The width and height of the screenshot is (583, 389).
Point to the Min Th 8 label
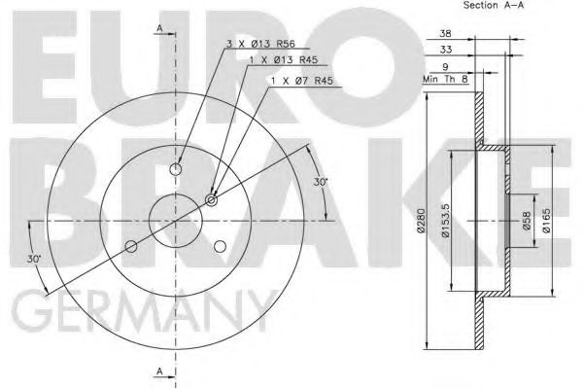coord(445,80)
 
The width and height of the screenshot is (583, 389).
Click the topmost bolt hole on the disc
coord(176,169)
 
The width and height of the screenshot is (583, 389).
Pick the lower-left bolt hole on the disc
coord(132,246)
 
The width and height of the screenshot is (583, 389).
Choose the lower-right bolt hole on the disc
coord(221,246)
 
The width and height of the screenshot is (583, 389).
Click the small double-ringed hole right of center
coord(212,200)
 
